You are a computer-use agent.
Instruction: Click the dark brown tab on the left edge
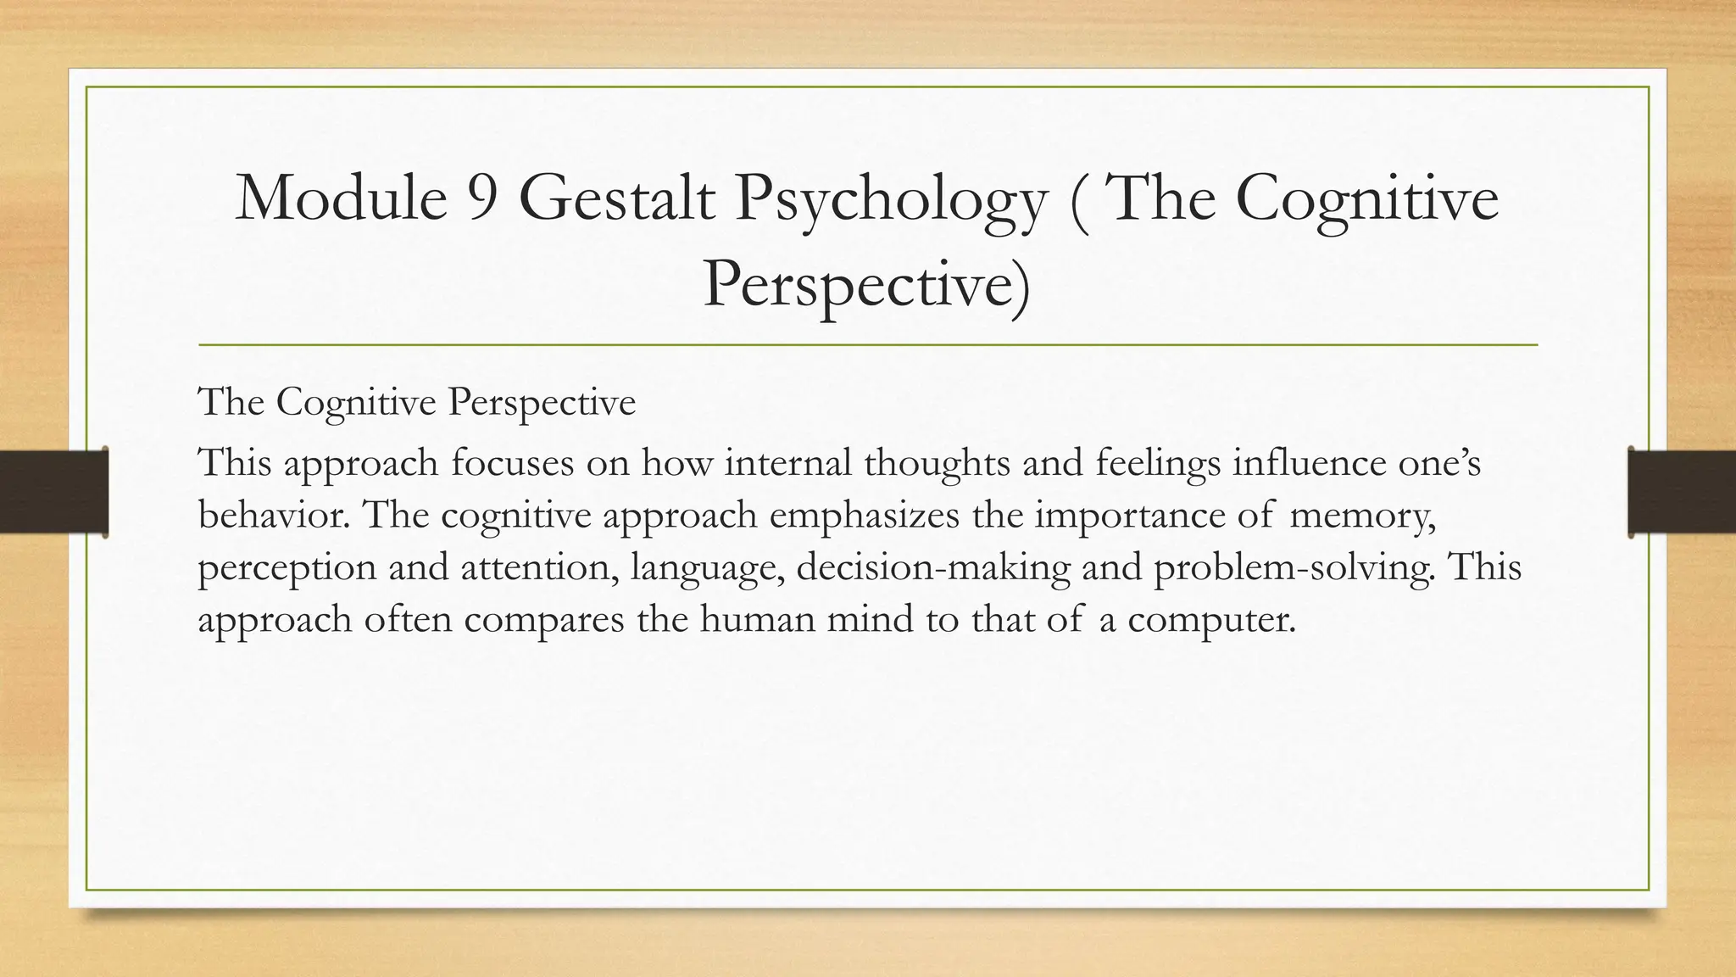point(53,492)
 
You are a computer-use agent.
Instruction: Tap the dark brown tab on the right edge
point(1682,492)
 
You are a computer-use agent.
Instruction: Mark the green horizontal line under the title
point(868,345)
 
